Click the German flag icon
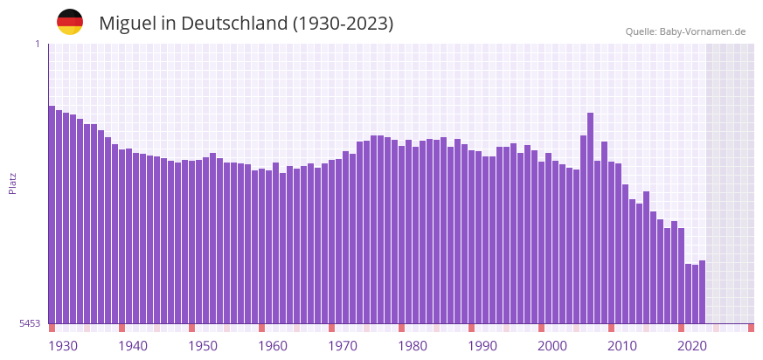point(70,22)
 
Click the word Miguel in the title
point(128,24)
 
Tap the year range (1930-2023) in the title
point(343,24)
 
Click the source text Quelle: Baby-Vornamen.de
point(685,31)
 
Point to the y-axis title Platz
point(13,183)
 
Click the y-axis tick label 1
point(37,44)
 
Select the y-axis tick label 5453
point(30,323)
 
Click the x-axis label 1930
point(63,346)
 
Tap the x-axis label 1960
point(273,346)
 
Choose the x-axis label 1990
point(482,346)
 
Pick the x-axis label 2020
point(692,346)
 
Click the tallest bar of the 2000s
point(590,218)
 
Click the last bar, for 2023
point(702,292)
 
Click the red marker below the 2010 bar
point(611,328)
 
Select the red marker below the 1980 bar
point(401,328)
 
